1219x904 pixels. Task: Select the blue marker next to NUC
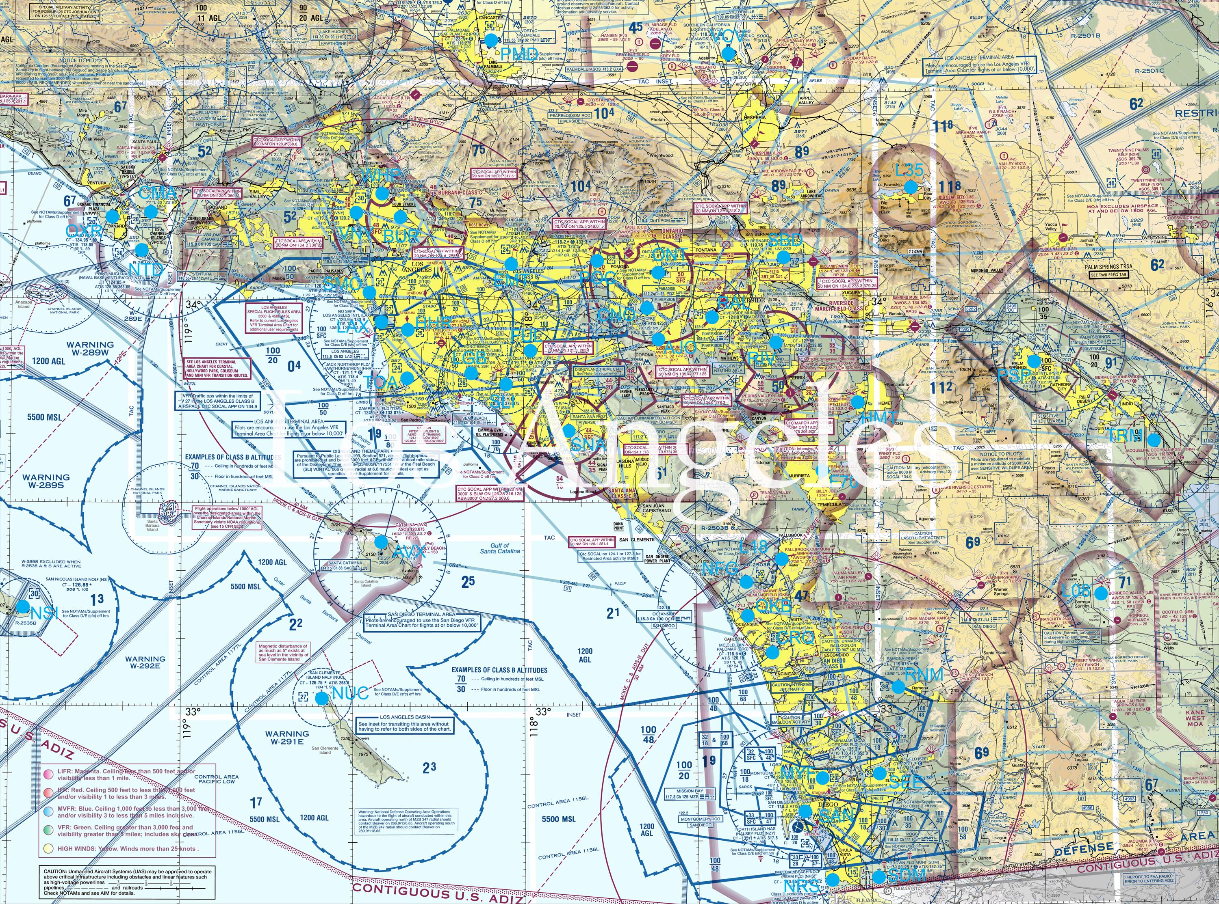point(321,698)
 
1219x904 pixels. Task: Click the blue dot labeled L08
point(1100,593)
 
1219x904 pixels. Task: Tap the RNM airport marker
point(898,686)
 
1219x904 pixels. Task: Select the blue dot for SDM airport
point(878,876)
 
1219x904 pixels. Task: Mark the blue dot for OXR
point(112,216)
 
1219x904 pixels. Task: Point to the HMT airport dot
point(857,401)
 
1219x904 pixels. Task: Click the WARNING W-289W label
point(90,349)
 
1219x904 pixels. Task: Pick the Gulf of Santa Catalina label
point(499,548)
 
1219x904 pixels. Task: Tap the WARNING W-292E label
point(145,663)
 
